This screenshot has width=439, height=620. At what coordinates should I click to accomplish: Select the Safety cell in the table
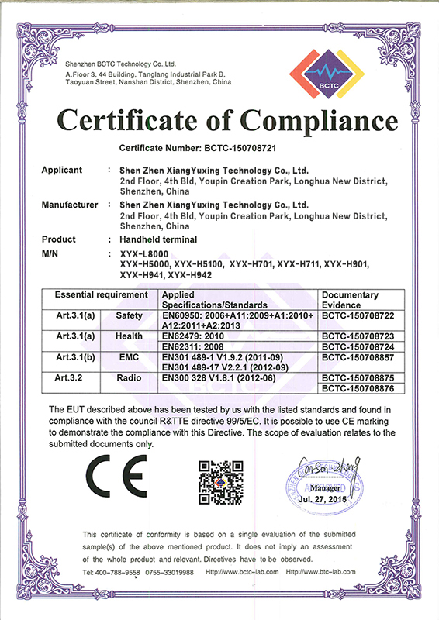click(130, 315)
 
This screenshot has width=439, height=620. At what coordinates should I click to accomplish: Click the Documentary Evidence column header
click(349, 299)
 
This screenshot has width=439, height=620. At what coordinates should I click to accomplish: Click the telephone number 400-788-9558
click(119, 572)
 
